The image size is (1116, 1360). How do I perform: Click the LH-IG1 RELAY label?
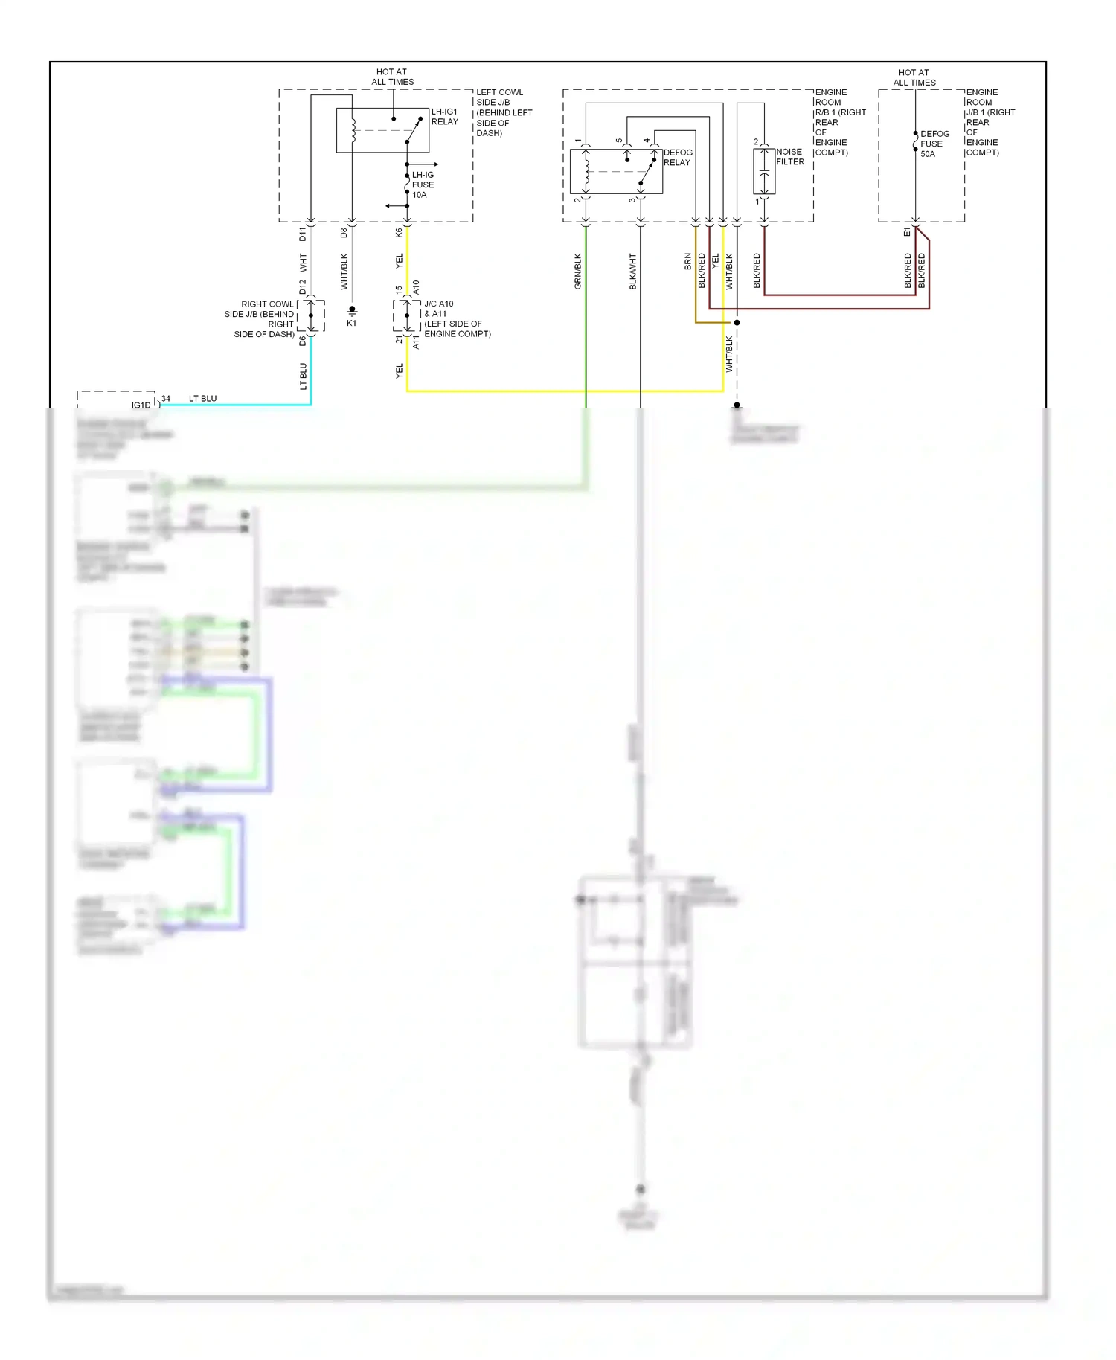tap(444, 117)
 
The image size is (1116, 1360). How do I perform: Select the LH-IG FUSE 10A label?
tap(423, 185)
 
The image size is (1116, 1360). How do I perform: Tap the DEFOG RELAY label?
tap(677, 157)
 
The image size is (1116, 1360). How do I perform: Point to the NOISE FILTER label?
tap(789, 156)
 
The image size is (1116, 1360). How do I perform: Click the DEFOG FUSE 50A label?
tap(934, 144)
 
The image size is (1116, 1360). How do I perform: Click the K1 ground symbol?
tap(352, 311)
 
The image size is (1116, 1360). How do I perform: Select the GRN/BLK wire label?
tap(578, 271)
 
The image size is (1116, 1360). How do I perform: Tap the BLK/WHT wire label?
tap(633, 271)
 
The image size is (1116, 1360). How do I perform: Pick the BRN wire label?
tap(687, 261)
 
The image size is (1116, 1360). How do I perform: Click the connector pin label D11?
tap(302, 234)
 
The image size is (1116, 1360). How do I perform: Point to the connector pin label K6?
tap(399, 233)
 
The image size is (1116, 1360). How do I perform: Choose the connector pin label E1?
tap(907, 233)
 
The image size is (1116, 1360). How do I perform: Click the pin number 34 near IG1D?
tap(166, 399)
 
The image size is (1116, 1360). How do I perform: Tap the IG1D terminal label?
tap(141, 405)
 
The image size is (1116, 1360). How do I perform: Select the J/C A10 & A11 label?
tap(456, 318)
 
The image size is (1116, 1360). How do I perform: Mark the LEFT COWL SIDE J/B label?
tap(503, 112)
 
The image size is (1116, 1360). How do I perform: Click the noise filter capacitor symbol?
tap(764, 172)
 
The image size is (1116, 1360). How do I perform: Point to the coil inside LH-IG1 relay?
tap(353, 130)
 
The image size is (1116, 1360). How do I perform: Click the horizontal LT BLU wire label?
tap(202, 399)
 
